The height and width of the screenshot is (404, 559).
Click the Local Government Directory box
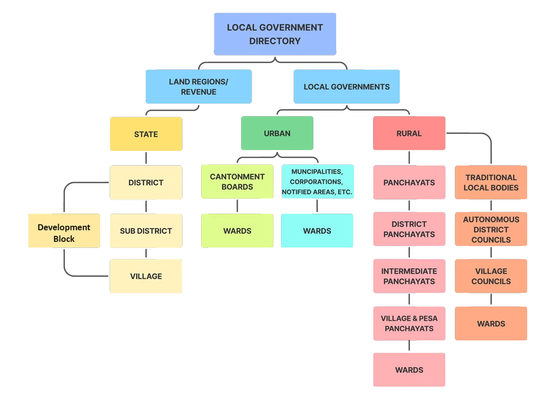pyautogui.click(x=275, y=34)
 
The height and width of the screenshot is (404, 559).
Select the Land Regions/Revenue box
pyautogui.click(x=199, y=86)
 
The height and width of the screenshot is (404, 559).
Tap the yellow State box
pyautogui.click(x=146, y=134)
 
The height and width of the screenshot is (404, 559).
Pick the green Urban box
pyautogui.click(x=277, y=133)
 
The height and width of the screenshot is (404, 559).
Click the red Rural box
pyautogui.click(x=409, y=133)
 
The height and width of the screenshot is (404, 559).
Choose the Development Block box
pyautogui.click(x=64, y=231)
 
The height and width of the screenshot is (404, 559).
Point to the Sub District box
pyautogui.click(x=146, y=231)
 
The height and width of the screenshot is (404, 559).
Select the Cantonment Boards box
pyautogui.click(x=237, y=182)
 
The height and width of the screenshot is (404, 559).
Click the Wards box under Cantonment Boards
pyautogui.click(x=237, y=231)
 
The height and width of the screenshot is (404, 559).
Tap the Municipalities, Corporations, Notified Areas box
pyautogui.click(x=317, y=182)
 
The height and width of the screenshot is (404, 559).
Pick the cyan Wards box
pyautogui.click(x=317, y=231)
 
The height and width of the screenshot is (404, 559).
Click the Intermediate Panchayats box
pyautogui.click(x=409, y=276)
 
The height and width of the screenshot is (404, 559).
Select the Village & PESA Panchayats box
pyautogui.click(x=409, y=324)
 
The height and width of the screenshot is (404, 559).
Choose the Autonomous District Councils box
pyautogui.click(x=491, y=229)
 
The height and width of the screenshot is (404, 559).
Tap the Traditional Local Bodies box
pyautogui.click(x=491, y=182)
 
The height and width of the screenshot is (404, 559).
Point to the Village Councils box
pyautogui.click(x=491, y=276)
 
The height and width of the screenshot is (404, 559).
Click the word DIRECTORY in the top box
pyautogui.click(x=275, y=41)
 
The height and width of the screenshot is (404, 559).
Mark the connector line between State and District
pyautogui.click(x=146, y=158)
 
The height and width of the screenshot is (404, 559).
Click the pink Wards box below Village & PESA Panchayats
pyautogui.click(x=409, y=370)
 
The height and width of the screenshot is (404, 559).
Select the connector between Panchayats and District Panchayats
pyautogui.click(x=409, y=206)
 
